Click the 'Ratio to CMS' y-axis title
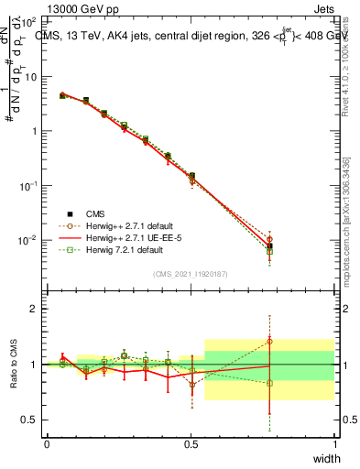[x=15, y=364]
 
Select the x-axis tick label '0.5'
[x=191, y=444]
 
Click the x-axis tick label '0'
[x=47, y=444]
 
